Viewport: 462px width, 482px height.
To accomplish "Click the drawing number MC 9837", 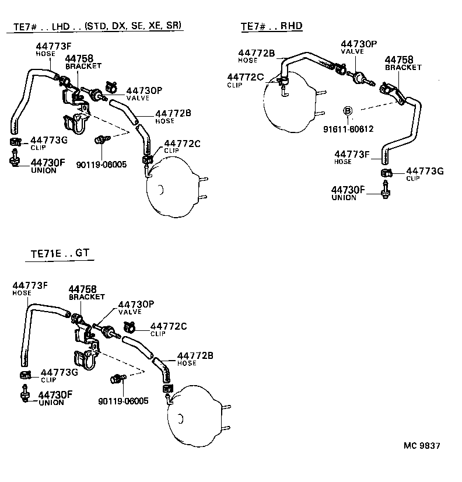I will pos(422,446).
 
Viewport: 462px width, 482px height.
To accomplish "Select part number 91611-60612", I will pos(348,129).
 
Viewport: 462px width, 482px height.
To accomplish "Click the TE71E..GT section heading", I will pos(61,254).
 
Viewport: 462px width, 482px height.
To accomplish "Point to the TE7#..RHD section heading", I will pos(271,26).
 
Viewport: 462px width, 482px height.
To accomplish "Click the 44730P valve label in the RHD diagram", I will pos(359,44).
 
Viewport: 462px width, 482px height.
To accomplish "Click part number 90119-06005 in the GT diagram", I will pos(124,401).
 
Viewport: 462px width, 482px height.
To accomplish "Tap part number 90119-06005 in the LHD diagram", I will pos(101,165).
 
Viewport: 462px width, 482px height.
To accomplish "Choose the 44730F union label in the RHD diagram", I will pos(348,190).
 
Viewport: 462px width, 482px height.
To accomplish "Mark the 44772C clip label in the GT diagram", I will pos(169,326).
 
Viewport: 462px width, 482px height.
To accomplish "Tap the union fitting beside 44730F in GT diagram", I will pos(25,394).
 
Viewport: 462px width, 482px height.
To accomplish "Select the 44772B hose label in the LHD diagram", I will pos(173,113).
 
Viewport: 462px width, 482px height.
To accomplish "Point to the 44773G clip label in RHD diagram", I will pos(425,171).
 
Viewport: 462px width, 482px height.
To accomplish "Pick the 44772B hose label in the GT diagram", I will pos(195,355).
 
